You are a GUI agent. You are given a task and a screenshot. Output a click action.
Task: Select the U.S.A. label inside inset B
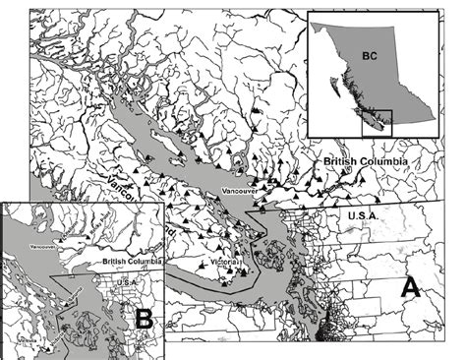click(x=125, y=280)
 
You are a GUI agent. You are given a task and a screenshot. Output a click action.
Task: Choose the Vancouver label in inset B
click(x=43, y=246)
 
